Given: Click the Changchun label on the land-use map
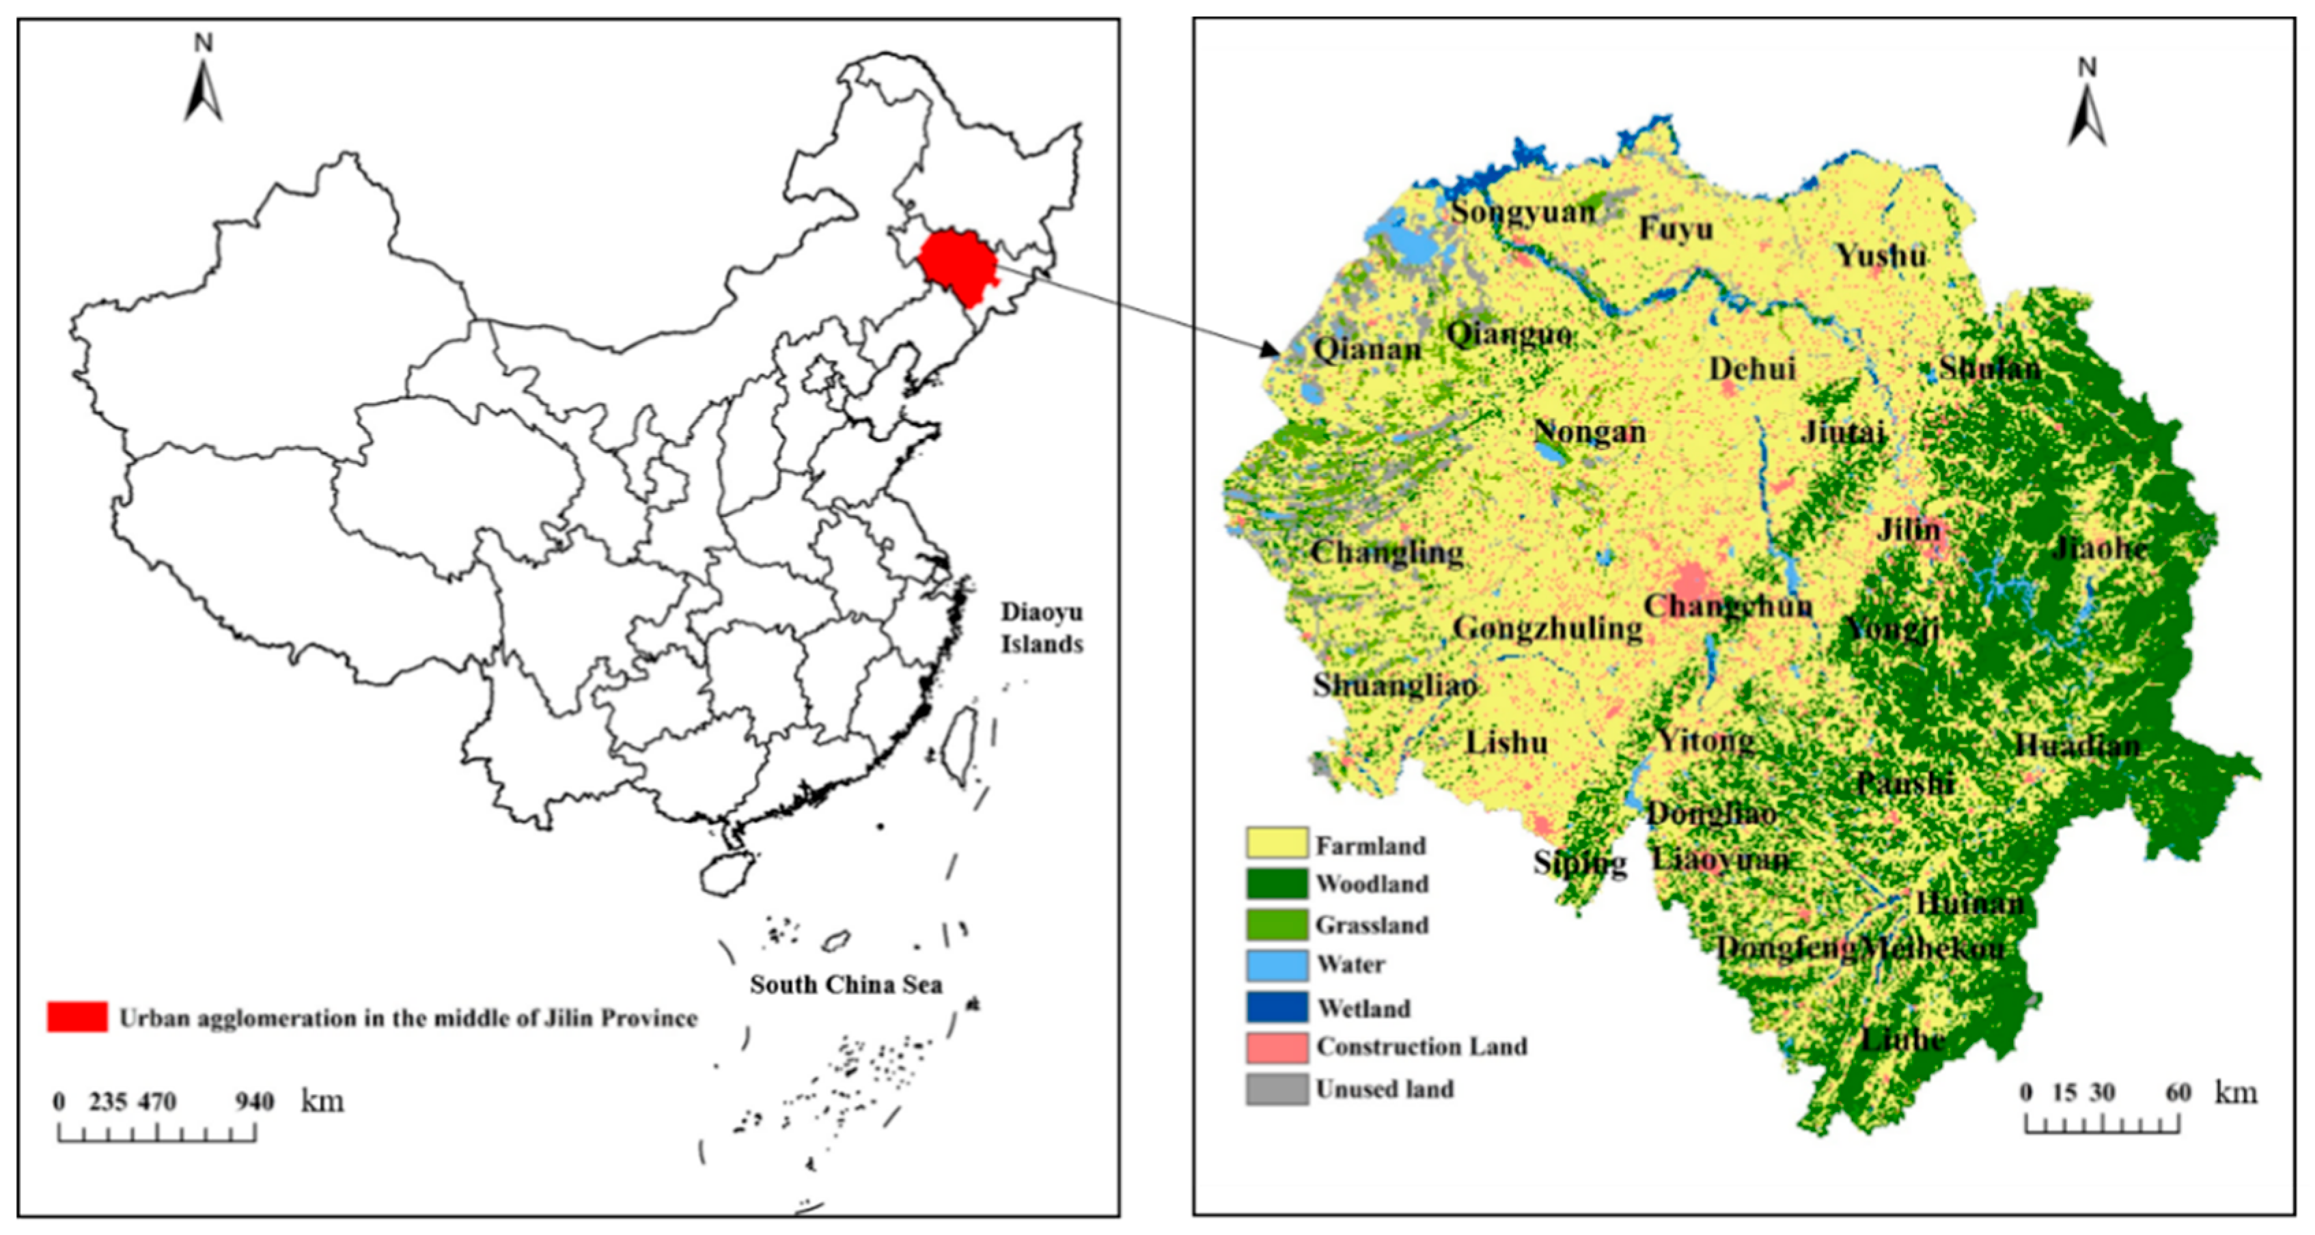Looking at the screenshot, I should point(1728,606).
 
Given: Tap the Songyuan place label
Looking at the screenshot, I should point(1523,212).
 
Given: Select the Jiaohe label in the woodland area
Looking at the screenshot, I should point(2098,549).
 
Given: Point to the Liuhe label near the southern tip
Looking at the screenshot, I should point(1902,1040).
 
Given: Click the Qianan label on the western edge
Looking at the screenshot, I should point(1367,349).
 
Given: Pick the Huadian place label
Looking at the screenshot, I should point(2077,745).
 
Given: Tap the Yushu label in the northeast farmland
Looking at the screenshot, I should point(1881,256).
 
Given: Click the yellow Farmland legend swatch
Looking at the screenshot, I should point(1276,843).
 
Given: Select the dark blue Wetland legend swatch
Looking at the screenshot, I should point(1276,1007).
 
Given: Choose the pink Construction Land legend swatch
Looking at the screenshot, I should point(1276,1047).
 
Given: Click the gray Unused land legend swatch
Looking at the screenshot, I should point(1276,1089).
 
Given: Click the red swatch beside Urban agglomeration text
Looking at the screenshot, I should point(77,1016).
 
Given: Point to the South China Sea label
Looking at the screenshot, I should point(846,984).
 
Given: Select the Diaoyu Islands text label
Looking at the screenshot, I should point(1042,627).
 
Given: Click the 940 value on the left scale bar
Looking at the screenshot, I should point(254,1101).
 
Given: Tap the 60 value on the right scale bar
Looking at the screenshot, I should point(2178,1093).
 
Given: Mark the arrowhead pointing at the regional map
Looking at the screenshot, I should point(1270,350).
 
